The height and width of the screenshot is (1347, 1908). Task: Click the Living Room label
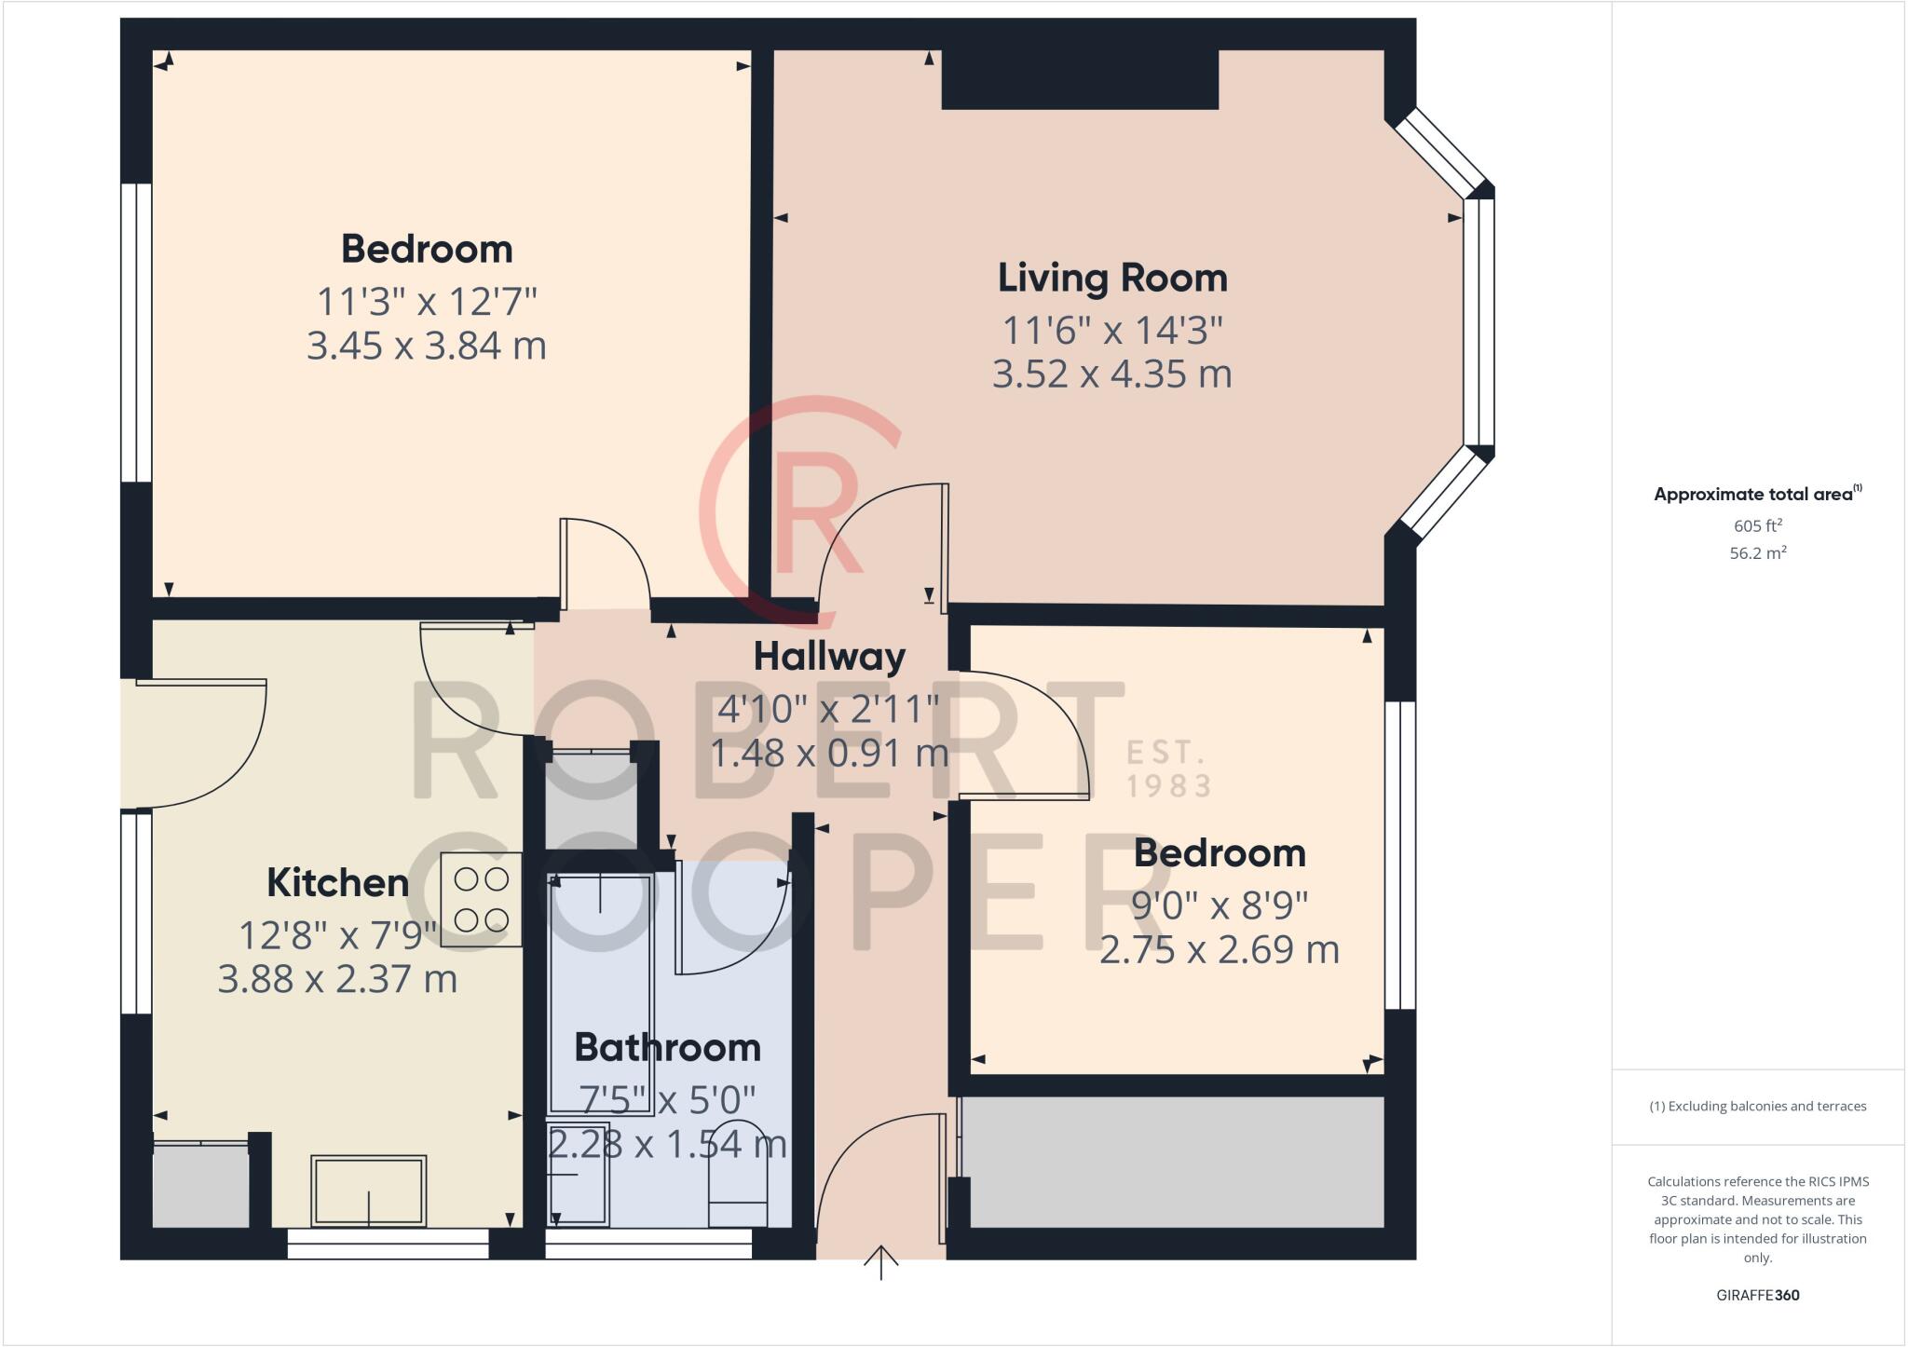click(x=1112, y=278)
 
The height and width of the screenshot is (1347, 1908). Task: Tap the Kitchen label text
click(x=337, y=882)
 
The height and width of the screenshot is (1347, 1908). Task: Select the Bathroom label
click(x=667, y=1047)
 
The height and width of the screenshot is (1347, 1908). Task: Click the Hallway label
click(x=829, y=656)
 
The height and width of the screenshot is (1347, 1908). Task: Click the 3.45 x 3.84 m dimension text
click(x=427, y=346)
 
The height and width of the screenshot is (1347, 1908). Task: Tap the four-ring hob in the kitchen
click(x=481, y=900)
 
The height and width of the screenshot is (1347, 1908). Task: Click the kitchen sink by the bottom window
click(x=369, y=1191)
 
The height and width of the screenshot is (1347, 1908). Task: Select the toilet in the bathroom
click(x=738, y=1194)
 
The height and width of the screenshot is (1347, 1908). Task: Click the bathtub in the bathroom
click(x=600, y=993)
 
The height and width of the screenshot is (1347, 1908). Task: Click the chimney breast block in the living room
click(x=1080, y=79)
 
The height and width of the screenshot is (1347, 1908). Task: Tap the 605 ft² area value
click(x=1757, y=525)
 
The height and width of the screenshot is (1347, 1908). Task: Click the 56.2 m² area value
click(x=1757, y=552)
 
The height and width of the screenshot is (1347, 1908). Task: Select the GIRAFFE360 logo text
click(x=1757, y=1295)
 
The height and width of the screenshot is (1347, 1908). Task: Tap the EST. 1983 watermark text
click(x=1168, y=769)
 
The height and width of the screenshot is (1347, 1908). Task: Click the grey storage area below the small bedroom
click(x=1172, y=1162)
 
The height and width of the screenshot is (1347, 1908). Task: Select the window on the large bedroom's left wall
click(x=137, y=333)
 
